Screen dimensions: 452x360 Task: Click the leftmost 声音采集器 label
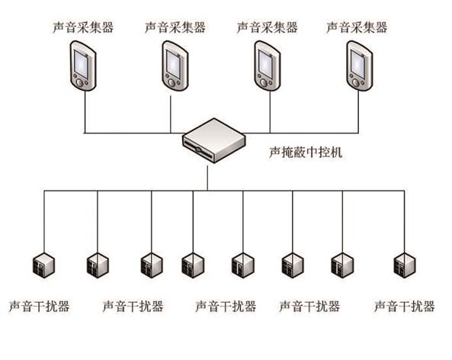click(83, 27)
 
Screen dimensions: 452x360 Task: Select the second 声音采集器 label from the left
click(175, 27)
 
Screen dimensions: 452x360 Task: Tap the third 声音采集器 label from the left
click(267, 27)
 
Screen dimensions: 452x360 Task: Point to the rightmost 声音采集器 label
click(357, 27)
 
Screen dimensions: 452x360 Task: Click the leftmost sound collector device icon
click(83, 66)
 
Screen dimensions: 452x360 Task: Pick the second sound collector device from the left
click(175, 66)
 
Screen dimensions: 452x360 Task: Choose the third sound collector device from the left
click(268, 66)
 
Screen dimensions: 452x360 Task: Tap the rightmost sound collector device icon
click(359, 66)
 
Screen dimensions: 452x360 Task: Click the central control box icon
click(214, 140)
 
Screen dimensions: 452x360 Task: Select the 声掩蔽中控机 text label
click(306, 153)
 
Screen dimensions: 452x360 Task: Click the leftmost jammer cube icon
click(43, 265)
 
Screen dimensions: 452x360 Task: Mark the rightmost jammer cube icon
click(405, 265)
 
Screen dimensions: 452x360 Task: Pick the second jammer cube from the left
click(98, 265)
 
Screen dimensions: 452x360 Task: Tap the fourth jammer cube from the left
click(193, 265)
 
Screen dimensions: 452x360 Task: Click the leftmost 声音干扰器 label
click(39, 307)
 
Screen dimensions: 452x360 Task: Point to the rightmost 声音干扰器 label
click(405, 307)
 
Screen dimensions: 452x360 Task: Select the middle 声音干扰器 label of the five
click(226, 307)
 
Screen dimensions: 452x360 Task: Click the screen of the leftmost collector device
click(81, 64)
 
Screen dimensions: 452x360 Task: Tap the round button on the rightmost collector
click(356, 83)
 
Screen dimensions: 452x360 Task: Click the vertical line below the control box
click(207, 178)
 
